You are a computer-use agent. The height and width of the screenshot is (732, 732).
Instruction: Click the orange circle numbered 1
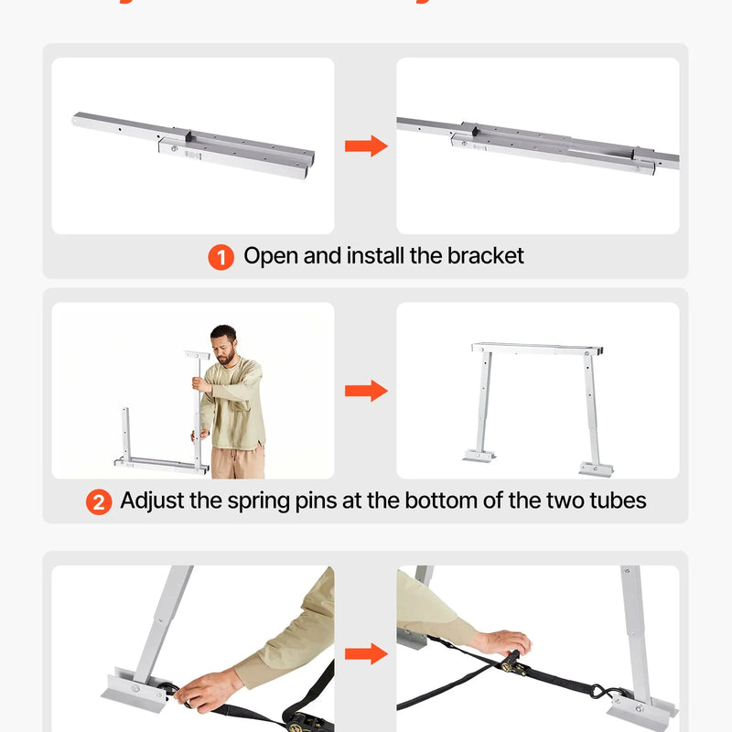pos(221,257)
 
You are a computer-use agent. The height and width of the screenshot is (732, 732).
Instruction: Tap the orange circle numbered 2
pos(99,501)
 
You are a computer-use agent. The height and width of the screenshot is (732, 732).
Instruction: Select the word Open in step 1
pos(270,256)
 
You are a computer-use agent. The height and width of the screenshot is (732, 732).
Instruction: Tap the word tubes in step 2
pos(615,501)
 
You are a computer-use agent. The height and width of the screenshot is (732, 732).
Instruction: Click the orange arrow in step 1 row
pos(366,146)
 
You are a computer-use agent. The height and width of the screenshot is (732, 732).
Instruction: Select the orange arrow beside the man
pos(366,392)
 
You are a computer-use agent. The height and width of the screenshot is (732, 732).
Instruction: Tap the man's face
pos(224,345)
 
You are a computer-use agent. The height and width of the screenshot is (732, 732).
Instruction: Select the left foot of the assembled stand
pos(480,454)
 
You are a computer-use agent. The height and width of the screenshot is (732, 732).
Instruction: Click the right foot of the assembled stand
pos(596,468)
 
